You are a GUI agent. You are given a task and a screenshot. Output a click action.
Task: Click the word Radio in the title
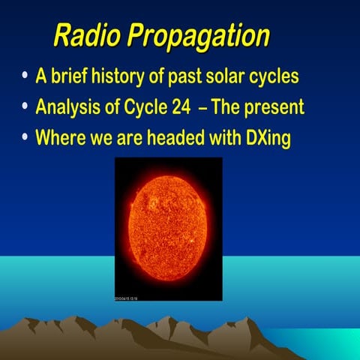[x=83, y=35]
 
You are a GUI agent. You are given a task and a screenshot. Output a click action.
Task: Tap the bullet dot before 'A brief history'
[x=27, y=76]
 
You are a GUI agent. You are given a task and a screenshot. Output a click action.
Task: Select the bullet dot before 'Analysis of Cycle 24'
[x=27, y=107]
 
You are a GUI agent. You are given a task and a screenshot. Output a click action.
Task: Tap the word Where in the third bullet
[x=60, y=138]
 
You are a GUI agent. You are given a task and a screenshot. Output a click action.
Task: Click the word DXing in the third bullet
[x=267, y=139]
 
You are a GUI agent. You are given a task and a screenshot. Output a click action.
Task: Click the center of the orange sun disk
[x=168, y=226]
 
